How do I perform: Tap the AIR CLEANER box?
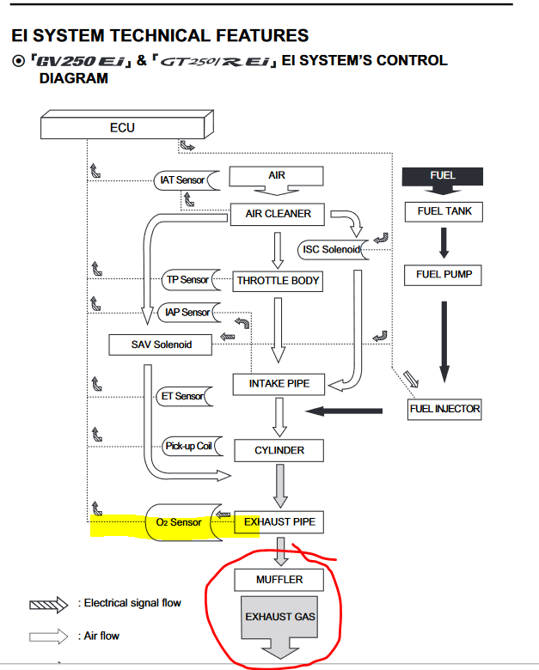278,214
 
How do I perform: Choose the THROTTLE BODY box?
278,281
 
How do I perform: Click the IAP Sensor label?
188,313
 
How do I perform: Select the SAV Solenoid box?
161,344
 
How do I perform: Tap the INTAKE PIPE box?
279,384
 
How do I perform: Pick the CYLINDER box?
279,450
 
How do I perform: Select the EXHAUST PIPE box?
279,522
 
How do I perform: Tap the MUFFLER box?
279,580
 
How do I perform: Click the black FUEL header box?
443,176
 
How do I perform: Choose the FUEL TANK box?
444,212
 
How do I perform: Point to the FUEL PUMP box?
444,275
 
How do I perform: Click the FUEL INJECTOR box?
444,410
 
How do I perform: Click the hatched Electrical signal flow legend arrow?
48,605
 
